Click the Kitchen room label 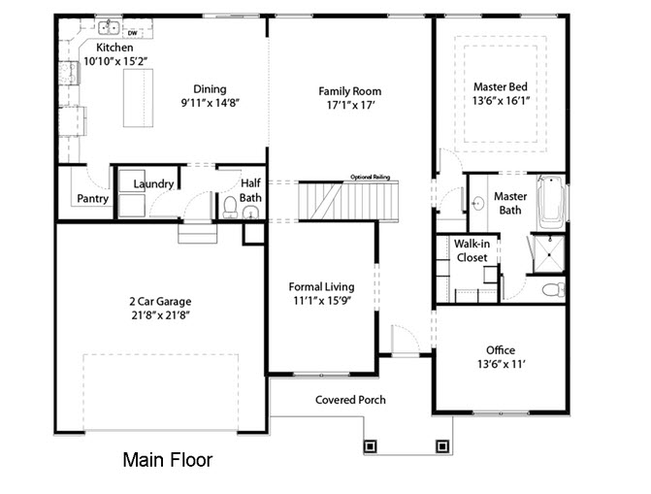point(114,48)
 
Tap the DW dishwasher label point(133,33)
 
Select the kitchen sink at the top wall point(109,27)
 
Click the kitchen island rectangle point(139,98)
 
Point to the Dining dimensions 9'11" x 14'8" point(211,103)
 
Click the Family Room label point(350,91)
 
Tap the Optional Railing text point(371,177)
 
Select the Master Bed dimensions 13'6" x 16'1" point(501,101)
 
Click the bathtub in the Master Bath point(552,202)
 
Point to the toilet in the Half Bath point(230,207)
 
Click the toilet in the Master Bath point(553,289)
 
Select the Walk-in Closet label point(472,250)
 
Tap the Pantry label point(92,199)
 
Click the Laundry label point(153,183)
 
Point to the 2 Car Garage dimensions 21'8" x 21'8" point(161,315)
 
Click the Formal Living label point(322,286)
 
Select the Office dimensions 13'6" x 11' point(502,364)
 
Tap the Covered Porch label point(350,400)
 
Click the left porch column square point(370,446)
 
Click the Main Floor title point(168,460)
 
